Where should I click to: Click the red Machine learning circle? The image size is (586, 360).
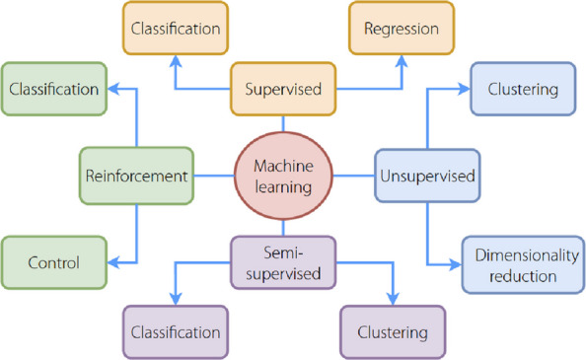pyautogui.click(x=283, y=176)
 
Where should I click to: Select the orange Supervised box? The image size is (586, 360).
pyautogui.click(x=283, y=89)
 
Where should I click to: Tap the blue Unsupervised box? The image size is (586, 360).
pyautogui.click(x=427, y=176)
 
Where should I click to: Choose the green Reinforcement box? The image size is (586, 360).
pyautogui.click(x=136, y=176)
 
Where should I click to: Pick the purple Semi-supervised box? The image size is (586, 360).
pyautogui.click(x=283, y=262)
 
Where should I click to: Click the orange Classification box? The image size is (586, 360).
pyautogui.click(x=176, y=28)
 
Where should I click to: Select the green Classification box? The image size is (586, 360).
pyautogui.click(x=54, y=89)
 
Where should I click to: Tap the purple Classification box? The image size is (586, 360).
pyautogui.click(x=176, y=332)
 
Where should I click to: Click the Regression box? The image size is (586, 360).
pyautogui.click(x=402, y=28)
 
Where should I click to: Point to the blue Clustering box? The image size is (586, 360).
pyautogui.click(x=523, y=89)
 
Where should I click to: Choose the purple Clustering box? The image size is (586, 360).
pyautogui.click(x=393, y=332)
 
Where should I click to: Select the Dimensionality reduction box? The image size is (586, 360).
pyautogui.click(x=523, y=264)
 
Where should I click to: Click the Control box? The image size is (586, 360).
pyautogui.click(x=54, y=262)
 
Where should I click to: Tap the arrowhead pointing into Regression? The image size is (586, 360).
pyautogui.click(x=402, y=61)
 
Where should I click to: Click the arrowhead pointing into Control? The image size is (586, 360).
pyautogui.click(x=113, y=262)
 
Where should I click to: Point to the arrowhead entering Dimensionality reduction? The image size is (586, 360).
pyautogui.click(x=456, y=264)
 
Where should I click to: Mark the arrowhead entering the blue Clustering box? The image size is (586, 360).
pyautogui.click(x=464, y=89)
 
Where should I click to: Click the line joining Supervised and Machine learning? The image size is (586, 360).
pyautogui.click(x=283, y=123)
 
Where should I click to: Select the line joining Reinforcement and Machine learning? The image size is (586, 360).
pyautogui.click(x=214, y=176)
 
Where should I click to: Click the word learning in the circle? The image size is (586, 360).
pyautogui.click(x=283, y=187)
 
